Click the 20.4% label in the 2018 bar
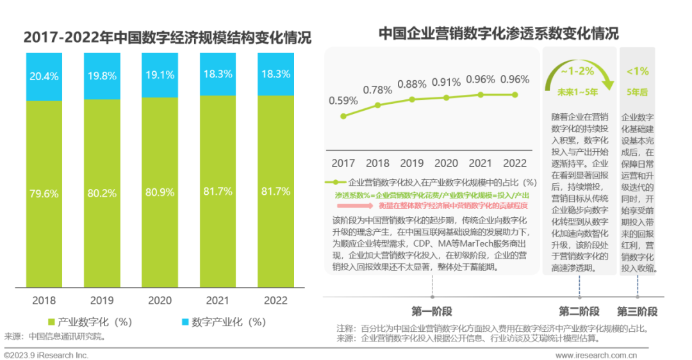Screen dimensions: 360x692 point(44,76)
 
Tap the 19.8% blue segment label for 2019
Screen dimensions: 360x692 point(102,76)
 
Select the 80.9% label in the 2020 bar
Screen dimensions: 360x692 point(160,192)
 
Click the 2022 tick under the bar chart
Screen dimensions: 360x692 point(276,300)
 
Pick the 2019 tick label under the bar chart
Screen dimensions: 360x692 point(102,300)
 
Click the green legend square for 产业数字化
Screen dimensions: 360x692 point(51,322)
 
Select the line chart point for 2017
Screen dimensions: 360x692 point(343,116)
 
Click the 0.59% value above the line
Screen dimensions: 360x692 point(343,101)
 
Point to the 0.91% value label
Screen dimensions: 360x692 point(446,82)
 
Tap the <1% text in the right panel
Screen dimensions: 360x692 point(638,71)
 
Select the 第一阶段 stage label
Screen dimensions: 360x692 point(432,312)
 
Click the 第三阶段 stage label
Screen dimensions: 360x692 point(637,312)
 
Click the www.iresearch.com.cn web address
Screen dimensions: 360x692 point(597,355)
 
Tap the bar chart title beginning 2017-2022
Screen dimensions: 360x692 point(167,37)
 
